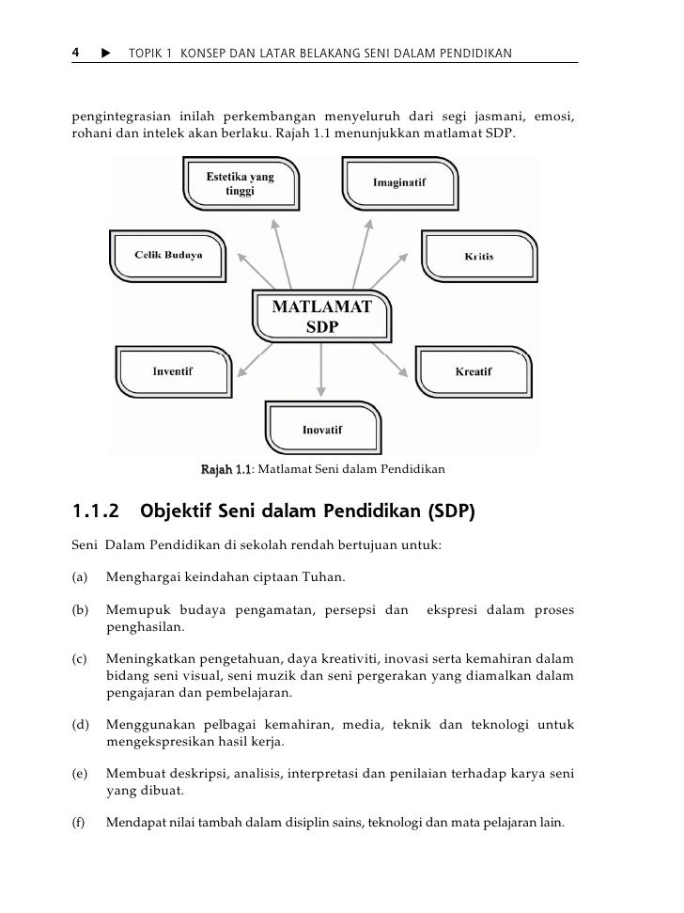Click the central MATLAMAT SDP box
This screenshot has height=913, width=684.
point(322,317)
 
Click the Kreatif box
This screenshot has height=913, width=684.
point(474,371)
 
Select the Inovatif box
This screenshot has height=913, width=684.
point(322,430)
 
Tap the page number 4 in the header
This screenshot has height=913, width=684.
point(76,53)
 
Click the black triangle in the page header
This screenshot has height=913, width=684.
point(104,54)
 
